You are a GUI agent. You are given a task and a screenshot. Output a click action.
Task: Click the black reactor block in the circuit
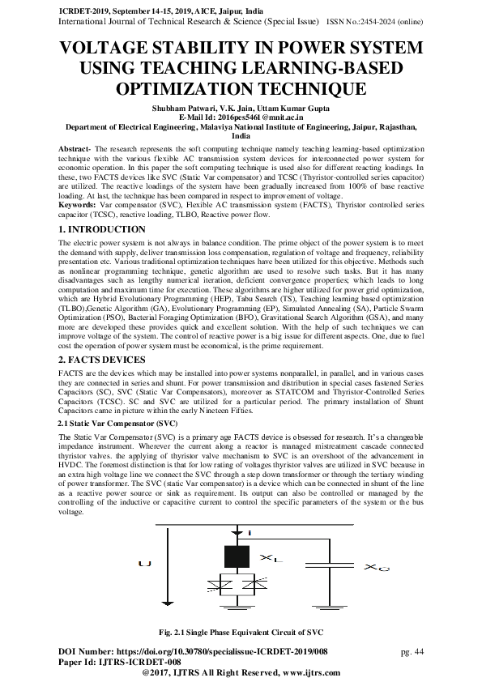[236, 557]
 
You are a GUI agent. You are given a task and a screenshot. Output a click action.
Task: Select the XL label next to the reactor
[271, 559]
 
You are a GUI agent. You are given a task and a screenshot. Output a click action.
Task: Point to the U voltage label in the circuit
[144, 563]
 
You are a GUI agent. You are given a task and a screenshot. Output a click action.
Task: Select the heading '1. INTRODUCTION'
[103, 230]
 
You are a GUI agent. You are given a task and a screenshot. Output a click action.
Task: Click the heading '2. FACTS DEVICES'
[102, 358]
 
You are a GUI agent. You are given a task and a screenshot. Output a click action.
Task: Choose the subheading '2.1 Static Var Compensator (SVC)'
[118, 424]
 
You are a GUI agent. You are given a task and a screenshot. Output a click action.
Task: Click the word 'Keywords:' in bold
[78, 207]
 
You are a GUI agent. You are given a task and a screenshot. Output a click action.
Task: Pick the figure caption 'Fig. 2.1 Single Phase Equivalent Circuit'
[241, 632]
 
